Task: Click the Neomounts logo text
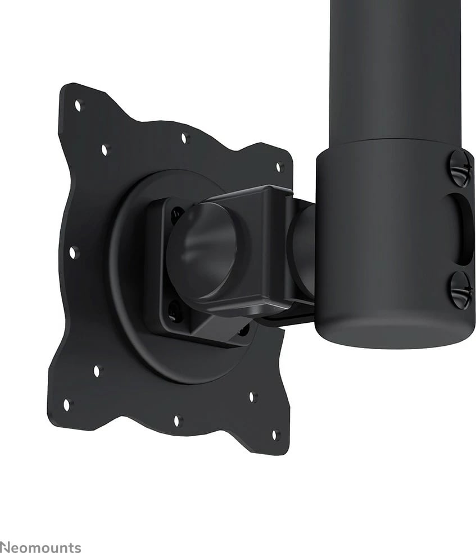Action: (x=40, y=547)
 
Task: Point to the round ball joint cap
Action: (x=202, y=251)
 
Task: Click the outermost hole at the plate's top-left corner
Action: (x=78, y=105)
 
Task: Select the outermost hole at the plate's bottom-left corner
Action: (x=67, y=405)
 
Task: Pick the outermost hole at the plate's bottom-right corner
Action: (x=274, y=435)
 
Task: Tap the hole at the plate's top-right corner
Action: (x=279, y=167)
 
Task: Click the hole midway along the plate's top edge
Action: (x=184, y=138)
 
